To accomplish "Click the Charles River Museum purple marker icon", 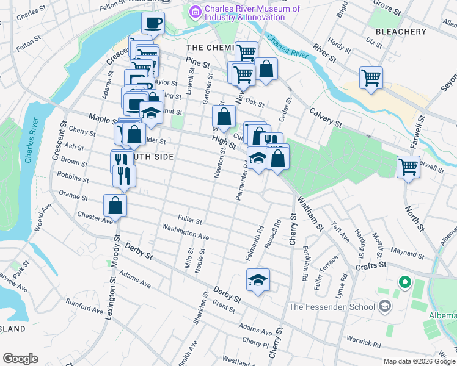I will [x=196, y=12].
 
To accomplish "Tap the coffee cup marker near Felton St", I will [x=153, y=23].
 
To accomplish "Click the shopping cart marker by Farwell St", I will [x=408, y=166].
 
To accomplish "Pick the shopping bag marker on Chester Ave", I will [x=115, y=206].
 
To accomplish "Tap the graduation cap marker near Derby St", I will [x=258, y=281].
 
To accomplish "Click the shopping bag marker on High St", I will [x=224, y=115].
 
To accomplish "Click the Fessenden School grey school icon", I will [x=384, y=305].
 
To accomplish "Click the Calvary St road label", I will [x=325, y=118].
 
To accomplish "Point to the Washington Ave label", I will [x=185, y=232].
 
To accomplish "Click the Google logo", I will [x=20, y=359].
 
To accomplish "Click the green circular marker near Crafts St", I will [x=403, y=282].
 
